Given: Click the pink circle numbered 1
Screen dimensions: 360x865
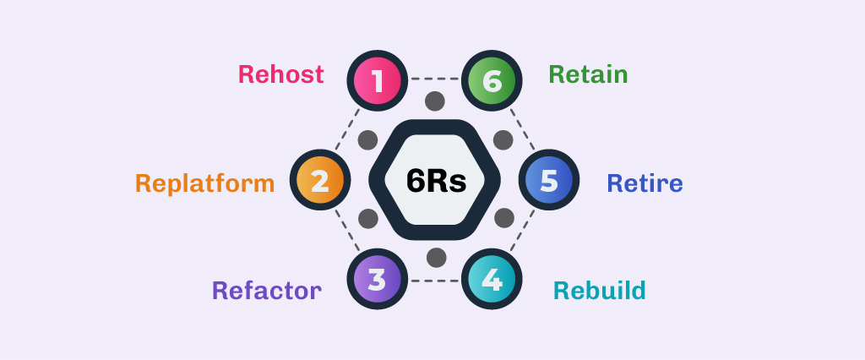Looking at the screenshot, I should [x=377, y=82].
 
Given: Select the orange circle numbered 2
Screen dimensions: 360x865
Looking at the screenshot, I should [x=319, y=181].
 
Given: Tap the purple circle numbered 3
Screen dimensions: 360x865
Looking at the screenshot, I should [x=377, y=280].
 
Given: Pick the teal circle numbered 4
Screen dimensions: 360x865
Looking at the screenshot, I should [x=492, y=280].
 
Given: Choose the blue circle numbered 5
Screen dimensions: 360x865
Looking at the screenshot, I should [x=549, y=181].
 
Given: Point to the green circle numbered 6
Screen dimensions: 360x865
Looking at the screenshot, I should [x=492, y=82].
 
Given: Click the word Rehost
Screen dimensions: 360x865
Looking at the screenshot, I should [x=280, y=74].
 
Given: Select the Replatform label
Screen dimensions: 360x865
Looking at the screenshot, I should [x=204, y=183].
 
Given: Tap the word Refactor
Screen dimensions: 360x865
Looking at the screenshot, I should [x=266, y=291].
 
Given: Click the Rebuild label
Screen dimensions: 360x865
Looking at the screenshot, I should [x=599, y=291].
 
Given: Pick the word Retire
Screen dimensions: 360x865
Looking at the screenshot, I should [x=645, y=183].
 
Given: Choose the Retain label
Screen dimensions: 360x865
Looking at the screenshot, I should [x=588, y=74].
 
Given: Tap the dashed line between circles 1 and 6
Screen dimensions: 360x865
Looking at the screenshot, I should [x=434, y=79].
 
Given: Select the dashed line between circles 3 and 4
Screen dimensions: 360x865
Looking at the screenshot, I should [x=434, y=281].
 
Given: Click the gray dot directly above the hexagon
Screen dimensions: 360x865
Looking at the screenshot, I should [x=435, y=101].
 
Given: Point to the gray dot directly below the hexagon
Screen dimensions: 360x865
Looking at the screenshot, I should [x=436, y=257].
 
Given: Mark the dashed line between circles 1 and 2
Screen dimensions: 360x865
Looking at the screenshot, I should [x=347, y=131].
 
